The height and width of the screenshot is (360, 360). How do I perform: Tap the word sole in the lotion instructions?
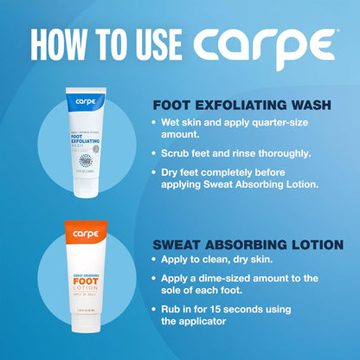176,292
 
